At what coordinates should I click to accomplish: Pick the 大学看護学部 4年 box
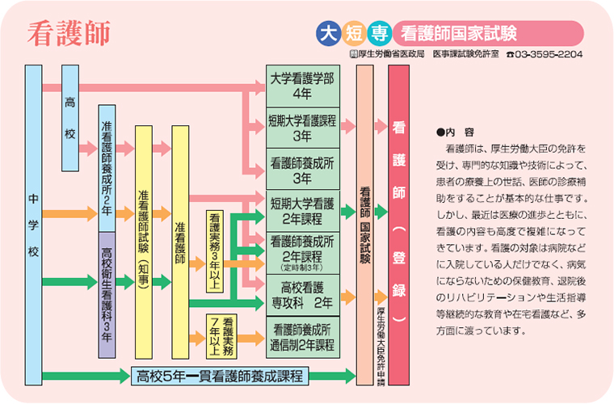click(x=302, y=86)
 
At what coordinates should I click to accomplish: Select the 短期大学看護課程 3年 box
click(x=302, y=128)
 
